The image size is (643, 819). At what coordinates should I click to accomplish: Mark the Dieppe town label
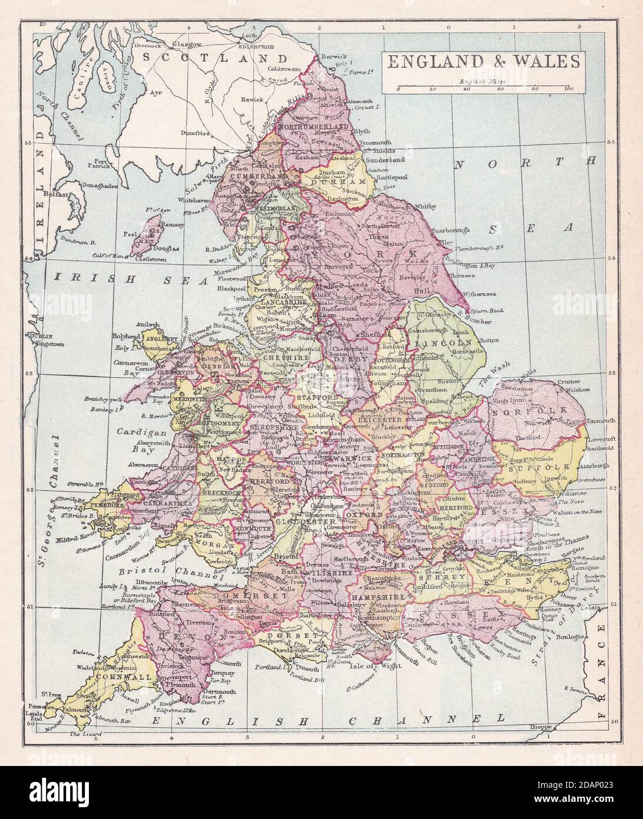[540, 726]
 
